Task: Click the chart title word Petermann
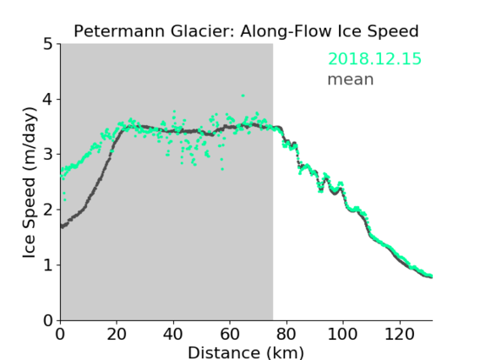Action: (120, 31)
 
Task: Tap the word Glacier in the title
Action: (203, 31)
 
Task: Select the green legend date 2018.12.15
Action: (374, 59)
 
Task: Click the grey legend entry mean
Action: (351, 79)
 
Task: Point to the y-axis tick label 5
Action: (48, 44)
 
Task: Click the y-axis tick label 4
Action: (48, 99)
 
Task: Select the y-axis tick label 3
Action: (48, 155)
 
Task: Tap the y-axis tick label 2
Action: (48, 210)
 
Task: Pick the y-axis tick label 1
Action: (48, 265)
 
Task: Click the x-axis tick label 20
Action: (117, 334)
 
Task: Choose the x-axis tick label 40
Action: (173, 334)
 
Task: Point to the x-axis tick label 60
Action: (230, 334)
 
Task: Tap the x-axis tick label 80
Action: (286, 334)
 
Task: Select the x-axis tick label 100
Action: (342, 334)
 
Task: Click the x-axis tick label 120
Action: (399, 334)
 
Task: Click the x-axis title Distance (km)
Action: (246, 353)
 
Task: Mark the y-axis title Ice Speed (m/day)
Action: (30, 183)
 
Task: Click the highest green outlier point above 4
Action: (243, 95)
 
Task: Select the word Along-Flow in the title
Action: (286, 31)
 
